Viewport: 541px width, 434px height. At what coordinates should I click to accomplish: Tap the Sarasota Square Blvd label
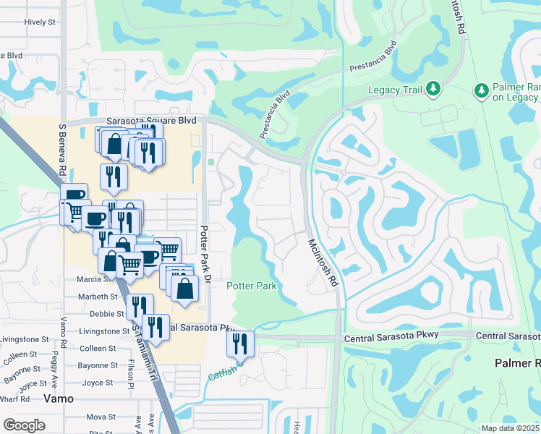coord(151,121)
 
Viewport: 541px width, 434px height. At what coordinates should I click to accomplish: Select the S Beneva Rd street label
coord(62,148)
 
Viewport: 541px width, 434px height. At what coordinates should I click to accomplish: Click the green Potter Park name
coord(252,286)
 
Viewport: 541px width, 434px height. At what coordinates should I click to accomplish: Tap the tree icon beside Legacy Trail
coord(433,88)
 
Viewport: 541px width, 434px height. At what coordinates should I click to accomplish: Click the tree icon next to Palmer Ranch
coord(480,90)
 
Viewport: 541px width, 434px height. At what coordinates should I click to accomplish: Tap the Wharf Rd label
coord(14,399)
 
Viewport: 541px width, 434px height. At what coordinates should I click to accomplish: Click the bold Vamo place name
coord(59,398)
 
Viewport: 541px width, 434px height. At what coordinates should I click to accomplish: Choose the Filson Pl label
coord(132,373)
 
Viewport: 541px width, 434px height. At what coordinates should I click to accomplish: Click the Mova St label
coord(101,417)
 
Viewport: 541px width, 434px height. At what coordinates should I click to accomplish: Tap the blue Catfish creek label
coord(223,375)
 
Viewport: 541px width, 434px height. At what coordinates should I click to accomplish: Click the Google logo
coord(24,425)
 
